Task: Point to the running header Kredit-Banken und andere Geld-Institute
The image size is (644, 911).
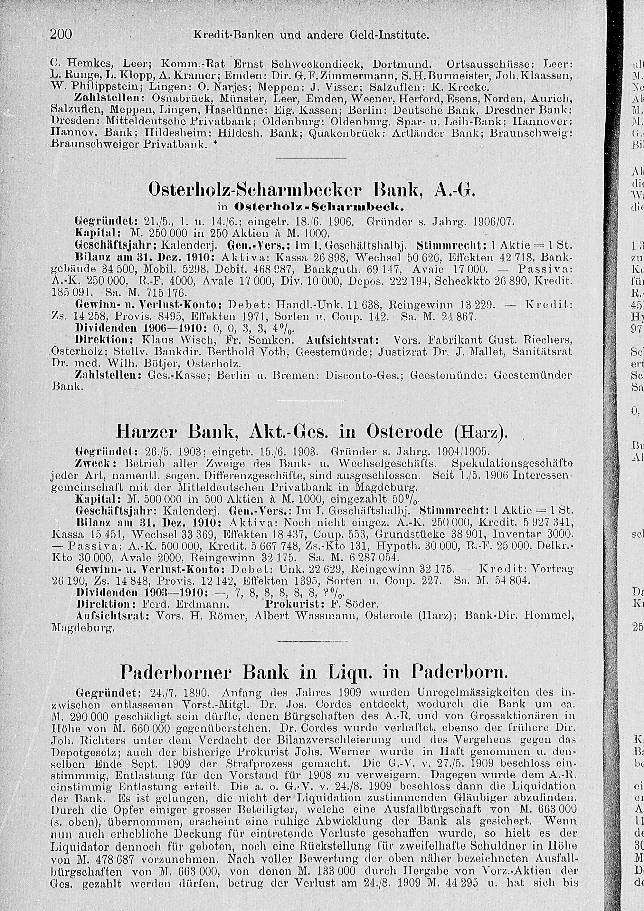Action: [x=311, y=35]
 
